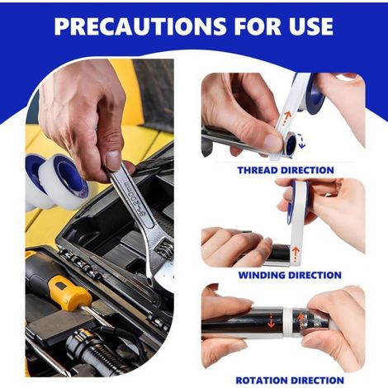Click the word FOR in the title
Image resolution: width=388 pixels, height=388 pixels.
click(x=254, y=26)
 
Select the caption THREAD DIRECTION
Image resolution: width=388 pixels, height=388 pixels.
click(x=286, y=170)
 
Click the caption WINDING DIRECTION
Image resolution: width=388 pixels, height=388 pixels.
click(x=290, y=275)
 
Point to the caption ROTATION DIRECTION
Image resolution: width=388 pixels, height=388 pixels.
click(x=290, y=381)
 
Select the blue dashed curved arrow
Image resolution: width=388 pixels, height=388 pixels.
click(x=302, y=141)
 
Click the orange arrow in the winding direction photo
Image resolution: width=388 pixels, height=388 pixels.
click(x=296, y=254)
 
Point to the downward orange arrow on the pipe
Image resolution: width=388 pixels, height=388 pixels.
click(x=272, y=321)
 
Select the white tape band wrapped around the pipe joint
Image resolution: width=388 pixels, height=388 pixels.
click(x=287, y=323)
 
